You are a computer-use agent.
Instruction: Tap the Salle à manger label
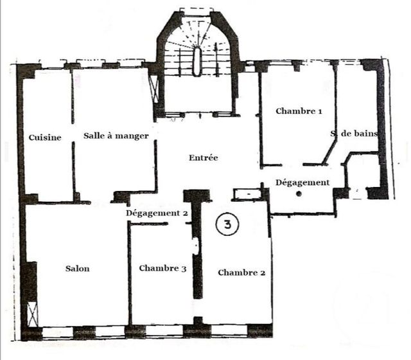pos(116,136)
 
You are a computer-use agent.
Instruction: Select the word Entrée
pos(204,158)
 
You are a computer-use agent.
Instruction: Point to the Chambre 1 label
pos(299,111)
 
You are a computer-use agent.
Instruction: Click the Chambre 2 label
pos(241,273)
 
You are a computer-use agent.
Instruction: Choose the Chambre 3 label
pos(162,269)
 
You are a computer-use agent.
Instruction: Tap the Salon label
pos(78,269)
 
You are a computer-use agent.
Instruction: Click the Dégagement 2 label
pos(157,213)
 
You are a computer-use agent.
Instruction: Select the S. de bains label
pos(354,134)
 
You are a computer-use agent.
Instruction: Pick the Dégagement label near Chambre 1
pos(302,183)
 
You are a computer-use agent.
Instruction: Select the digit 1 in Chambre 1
pos(319,111)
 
